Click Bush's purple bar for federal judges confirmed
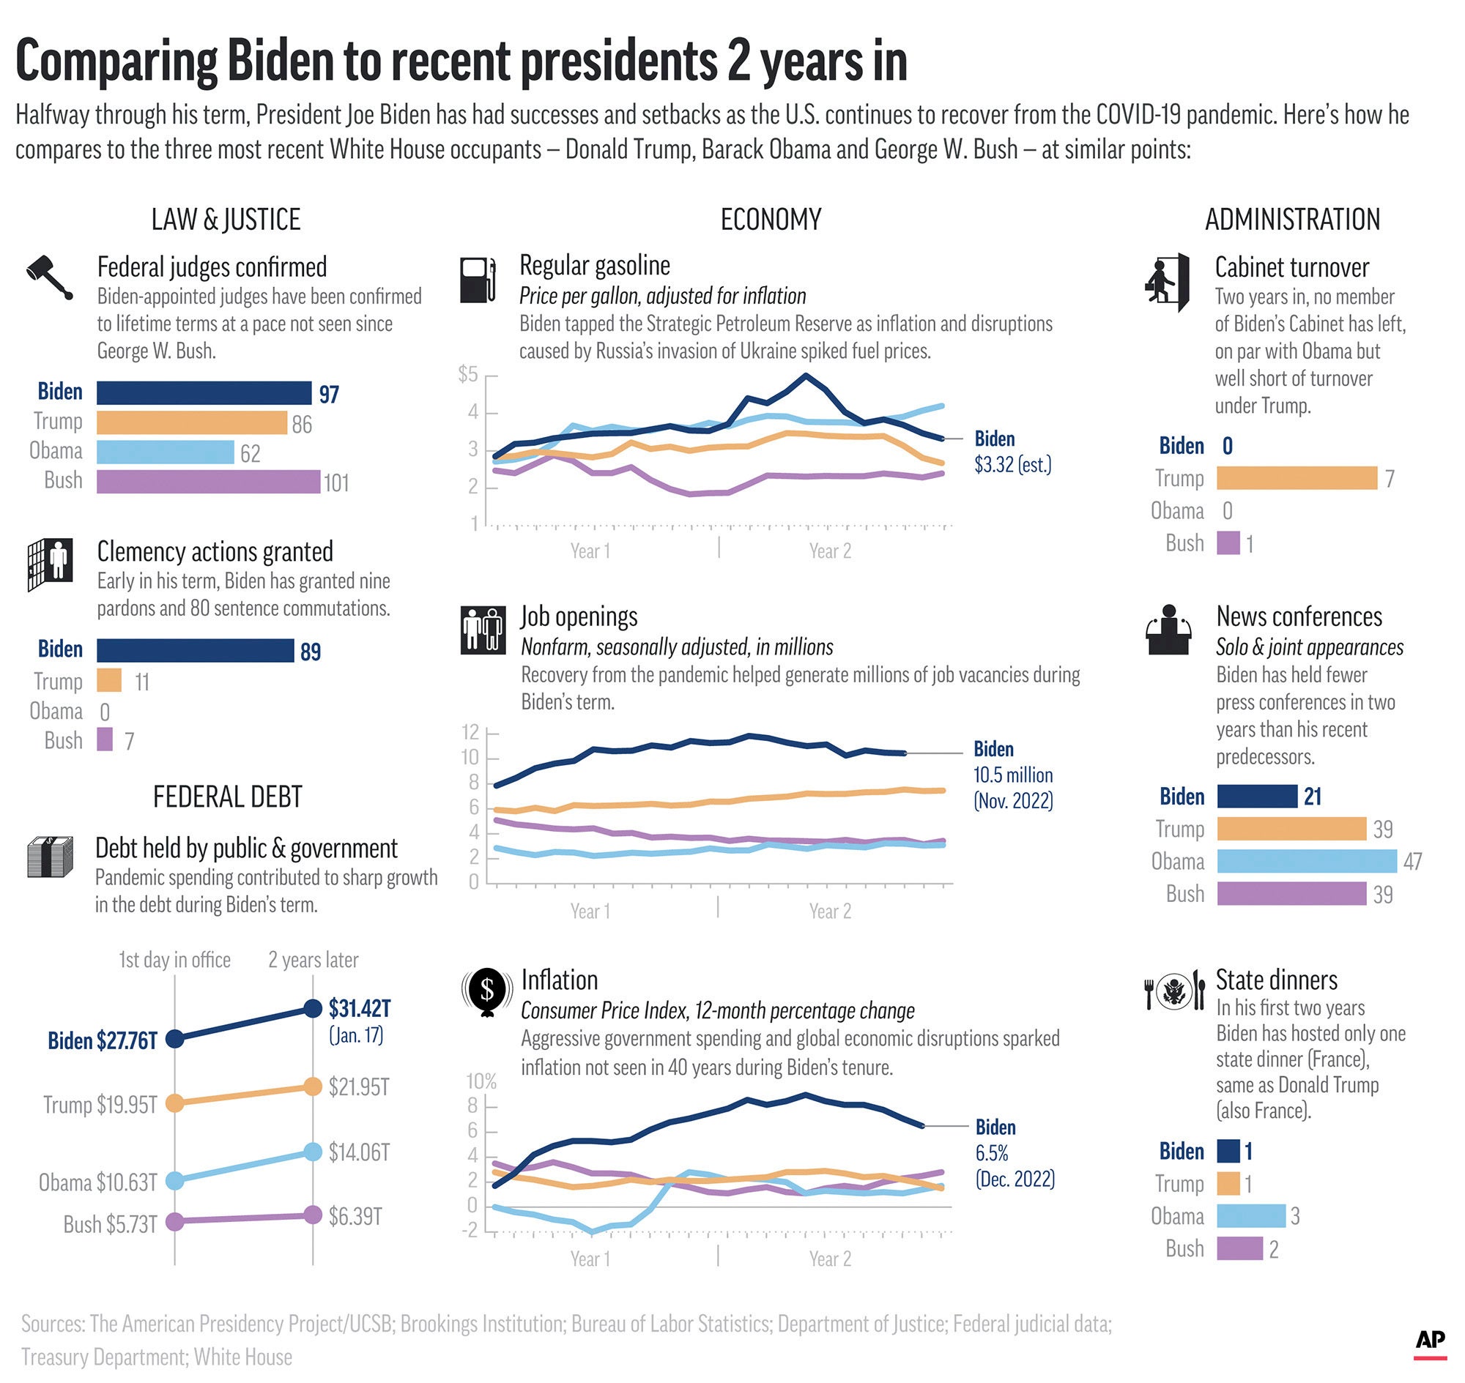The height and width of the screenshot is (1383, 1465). (208, 482)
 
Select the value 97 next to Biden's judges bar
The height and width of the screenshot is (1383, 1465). (328, 395)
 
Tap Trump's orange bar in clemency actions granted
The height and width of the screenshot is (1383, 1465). (109, 680)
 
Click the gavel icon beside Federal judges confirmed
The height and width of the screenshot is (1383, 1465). (49, 277)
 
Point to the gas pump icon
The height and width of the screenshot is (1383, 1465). (478, 280)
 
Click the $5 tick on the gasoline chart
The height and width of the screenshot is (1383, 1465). (467, 375)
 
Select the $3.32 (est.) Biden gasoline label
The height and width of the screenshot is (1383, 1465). (1012, 464)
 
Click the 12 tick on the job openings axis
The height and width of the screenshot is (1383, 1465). (470, 732)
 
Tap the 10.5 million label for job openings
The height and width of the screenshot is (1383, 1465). (1013, 775)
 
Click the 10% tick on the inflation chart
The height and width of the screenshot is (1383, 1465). (481, 1081)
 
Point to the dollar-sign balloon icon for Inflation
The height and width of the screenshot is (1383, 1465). (487, 991)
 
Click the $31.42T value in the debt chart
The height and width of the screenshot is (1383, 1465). (359, 1007)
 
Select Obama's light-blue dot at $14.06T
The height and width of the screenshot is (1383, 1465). (313, 1152)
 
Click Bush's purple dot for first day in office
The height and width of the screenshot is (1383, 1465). (175, 1221)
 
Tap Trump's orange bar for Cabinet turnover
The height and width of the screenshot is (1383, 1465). (1296, 477)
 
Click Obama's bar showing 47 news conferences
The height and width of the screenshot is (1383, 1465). (1306, 861)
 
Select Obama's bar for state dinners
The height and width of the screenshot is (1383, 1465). (1250, 1216)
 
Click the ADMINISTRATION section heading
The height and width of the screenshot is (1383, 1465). (1291, 220)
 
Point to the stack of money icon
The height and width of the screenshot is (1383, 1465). (50, 857)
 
